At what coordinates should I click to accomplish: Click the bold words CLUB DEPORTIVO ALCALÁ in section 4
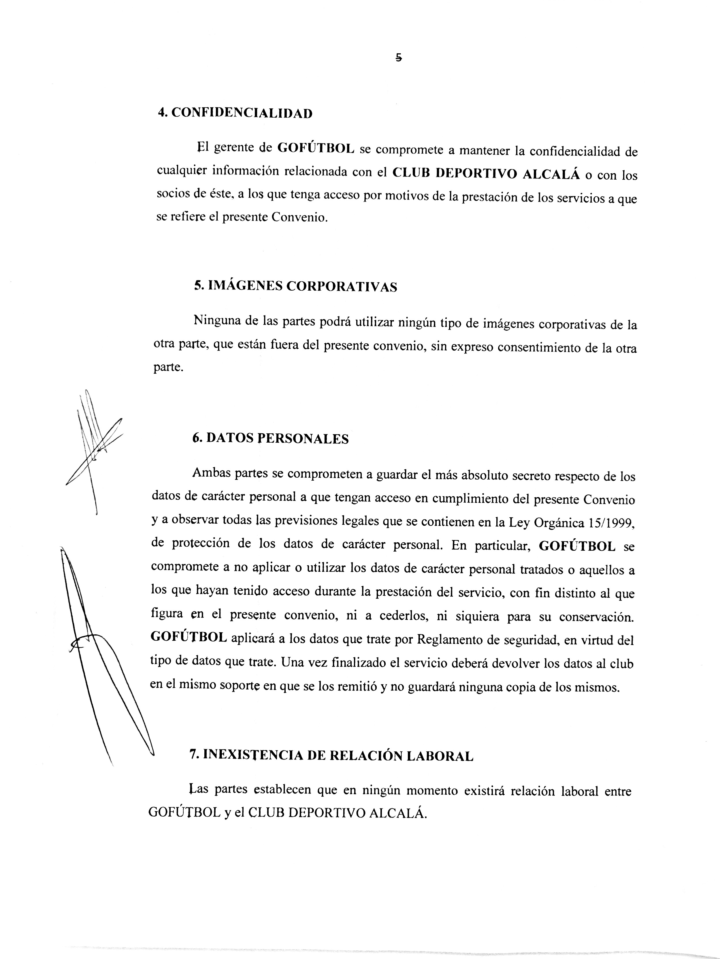point(486,173)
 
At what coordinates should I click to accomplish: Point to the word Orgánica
point(559,523)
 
